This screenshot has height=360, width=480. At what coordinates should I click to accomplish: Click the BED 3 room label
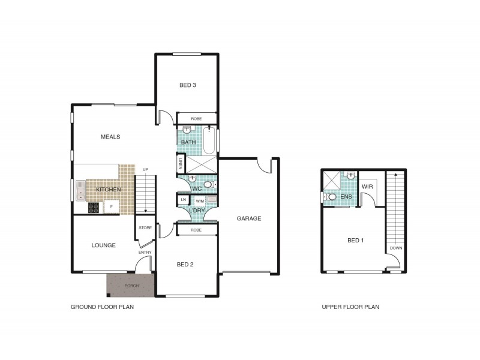tap(188, 85)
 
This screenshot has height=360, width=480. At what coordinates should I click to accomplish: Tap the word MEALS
tap(110, 137)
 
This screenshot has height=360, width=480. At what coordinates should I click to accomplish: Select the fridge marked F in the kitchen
tap(111, 207)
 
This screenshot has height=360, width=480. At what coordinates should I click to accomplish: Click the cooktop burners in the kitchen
tap(94, 208)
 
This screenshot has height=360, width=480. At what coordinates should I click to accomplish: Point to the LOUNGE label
tap(103, 245)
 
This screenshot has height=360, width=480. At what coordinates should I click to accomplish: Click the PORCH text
tap(131, 286)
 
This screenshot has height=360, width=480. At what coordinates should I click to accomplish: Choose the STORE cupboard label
tap(145, 228)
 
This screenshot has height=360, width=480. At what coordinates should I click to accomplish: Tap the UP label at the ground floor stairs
tap(145, 170)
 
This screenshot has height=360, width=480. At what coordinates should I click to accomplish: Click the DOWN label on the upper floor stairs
tap(395, 248)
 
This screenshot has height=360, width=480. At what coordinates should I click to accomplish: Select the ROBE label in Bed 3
tap(196, 119)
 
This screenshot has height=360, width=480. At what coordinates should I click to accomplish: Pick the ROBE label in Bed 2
tap(196, 230)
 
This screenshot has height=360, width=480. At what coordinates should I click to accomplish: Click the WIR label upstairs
tap(367, 187)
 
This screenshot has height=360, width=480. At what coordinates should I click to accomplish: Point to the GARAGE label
tap(248, 218)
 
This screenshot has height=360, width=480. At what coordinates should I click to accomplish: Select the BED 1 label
tap(356, 241)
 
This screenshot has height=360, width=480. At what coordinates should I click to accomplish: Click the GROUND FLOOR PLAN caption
tap(102, 307)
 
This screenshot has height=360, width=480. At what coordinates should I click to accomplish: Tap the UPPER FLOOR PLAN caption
tap(350, 307)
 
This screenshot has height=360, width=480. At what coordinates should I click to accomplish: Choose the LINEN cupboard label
tap(180, 163)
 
